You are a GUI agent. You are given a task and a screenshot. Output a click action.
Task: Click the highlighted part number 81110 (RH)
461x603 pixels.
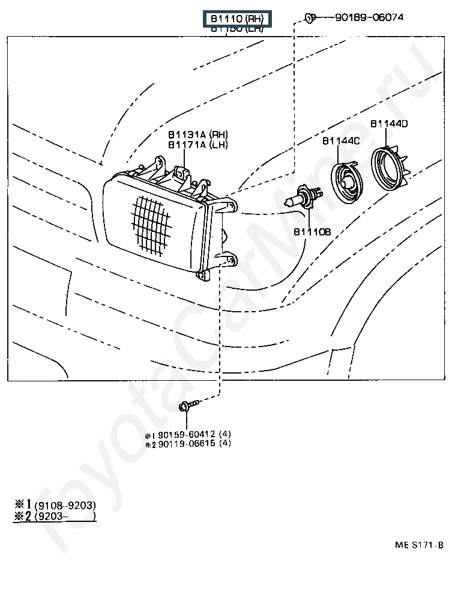coord(237,19)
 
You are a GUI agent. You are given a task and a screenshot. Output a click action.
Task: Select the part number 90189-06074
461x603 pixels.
coord(369,17)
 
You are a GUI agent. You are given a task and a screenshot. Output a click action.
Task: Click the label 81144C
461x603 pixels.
coord(340,141)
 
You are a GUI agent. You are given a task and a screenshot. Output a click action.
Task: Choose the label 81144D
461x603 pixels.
coord(388,124)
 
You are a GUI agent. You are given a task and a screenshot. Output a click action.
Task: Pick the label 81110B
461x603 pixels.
coord(312,231)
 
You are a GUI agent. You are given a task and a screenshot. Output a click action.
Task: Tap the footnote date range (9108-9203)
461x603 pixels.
coord(65,505)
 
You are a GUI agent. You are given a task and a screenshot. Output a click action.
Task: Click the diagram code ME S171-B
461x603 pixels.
coord(419,545)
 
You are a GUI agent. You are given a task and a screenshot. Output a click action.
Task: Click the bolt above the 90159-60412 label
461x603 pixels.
coord(185,407)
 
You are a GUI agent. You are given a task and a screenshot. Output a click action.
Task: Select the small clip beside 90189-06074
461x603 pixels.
coord(310,17)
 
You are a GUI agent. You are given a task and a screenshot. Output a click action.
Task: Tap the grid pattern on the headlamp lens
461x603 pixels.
coord(149,222)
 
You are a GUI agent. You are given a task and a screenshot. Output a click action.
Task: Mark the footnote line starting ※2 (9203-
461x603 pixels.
coord(54,516)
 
